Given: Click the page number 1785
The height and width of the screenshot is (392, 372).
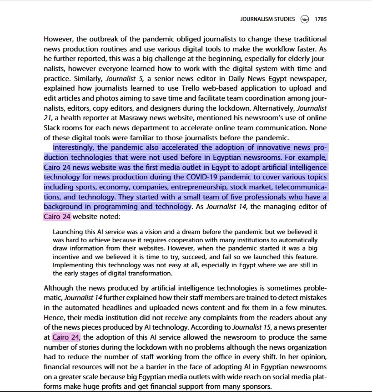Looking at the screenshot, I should tap(320, 20).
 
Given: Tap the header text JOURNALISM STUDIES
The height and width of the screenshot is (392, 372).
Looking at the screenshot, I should tap(267, 20).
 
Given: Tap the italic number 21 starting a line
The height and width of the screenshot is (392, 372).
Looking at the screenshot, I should tap(49, 117).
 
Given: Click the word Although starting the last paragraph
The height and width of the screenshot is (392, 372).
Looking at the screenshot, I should tap(58, 288).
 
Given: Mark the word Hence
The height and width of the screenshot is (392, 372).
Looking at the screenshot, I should tap(54, 318).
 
